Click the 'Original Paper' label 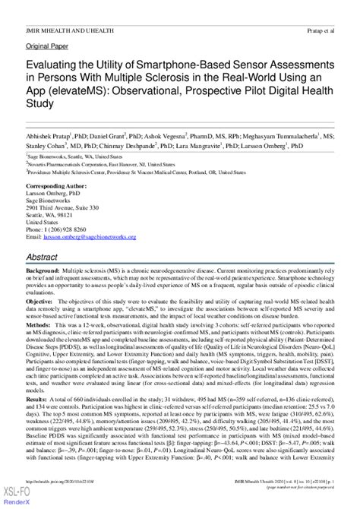(46, 45)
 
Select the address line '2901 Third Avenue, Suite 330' (62, 208)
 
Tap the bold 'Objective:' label (41, 302)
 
